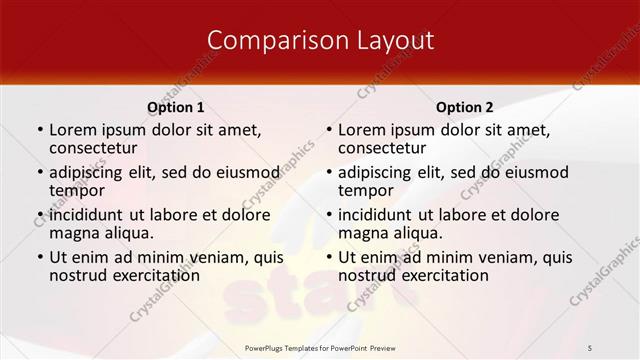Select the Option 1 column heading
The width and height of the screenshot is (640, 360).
[176, 107]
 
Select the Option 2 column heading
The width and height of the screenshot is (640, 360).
[465, 107]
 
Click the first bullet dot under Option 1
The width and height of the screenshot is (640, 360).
[39, 130]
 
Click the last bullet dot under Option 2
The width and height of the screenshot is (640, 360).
[328, 258]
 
